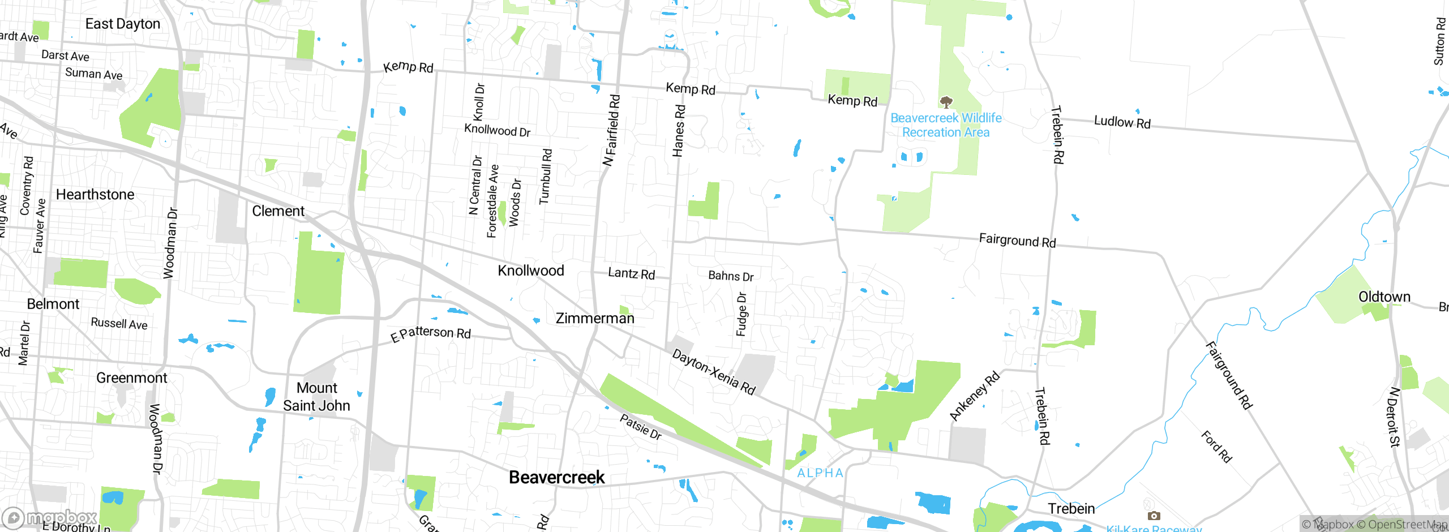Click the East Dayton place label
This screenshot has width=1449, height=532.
tap(123, 24)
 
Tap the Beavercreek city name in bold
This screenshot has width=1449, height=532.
tap(556, 477)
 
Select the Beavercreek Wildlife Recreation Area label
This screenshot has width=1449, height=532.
tap(946, 125)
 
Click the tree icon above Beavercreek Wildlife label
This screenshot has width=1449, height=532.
tap(946, 102)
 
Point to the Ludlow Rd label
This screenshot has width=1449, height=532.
tap(1122, 122)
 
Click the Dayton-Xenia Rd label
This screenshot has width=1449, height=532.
tap(713, 372)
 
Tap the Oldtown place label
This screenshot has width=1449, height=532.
tap(1384, 297)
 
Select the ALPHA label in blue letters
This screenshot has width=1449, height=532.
tap(820, 473)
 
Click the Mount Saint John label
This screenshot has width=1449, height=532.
tap(316, 396)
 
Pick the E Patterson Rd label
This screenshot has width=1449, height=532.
tap(431, 333)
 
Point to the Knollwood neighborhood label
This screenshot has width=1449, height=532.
tap(530, 271)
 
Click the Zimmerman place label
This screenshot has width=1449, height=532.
tap(595, 318)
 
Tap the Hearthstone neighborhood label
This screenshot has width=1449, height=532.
tap(95, 195)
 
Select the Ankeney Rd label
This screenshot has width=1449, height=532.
tap(974, 396)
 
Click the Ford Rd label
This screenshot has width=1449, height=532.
tap(1216, 447)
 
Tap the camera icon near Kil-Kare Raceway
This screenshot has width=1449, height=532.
tap(1154, 516)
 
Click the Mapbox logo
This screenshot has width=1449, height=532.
tap(50, 517)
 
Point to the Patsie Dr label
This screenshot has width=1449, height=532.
tap(640, 427)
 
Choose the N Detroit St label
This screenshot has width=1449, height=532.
tap(1394, 417)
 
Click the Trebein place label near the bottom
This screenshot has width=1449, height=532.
tap(1071, 508)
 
